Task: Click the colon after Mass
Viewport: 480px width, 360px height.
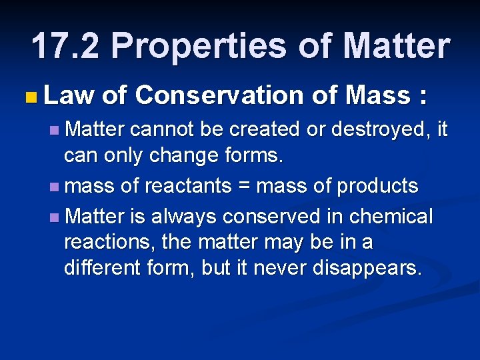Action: pos(421,97)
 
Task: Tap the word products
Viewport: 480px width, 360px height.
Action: pos(377,186)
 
